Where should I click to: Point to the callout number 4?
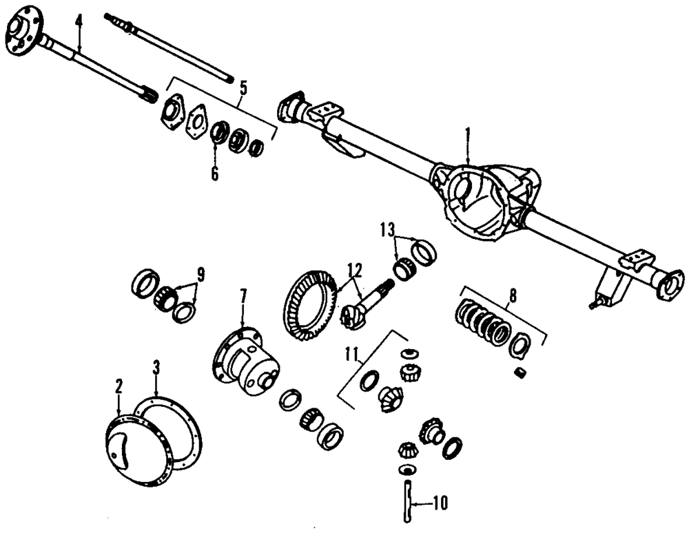[79, 21]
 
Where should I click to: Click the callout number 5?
[243, 87]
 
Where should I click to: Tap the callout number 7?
[243, 297]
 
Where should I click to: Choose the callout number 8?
[513, 298]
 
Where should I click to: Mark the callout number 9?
[200, 274]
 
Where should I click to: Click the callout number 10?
[439, 503]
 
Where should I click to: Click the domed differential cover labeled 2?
[124, 444]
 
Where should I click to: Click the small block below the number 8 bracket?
[522, 373]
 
